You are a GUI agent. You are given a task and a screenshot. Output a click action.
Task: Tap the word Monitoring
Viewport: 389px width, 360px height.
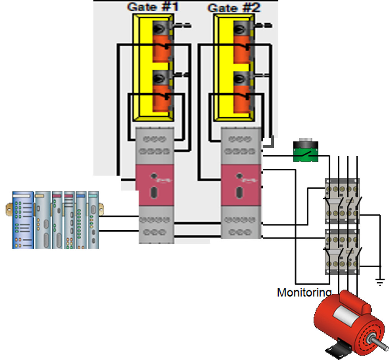click(304, 293)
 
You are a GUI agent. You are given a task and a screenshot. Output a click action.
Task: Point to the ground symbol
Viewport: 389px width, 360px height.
click(380, 283)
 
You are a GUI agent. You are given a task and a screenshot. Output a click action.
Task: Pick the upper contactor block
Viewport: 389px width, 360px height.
click(342, 201)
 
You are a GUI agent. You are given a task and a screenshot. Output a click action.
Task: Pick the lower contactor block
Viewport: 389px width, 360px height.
click(342, 252)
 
